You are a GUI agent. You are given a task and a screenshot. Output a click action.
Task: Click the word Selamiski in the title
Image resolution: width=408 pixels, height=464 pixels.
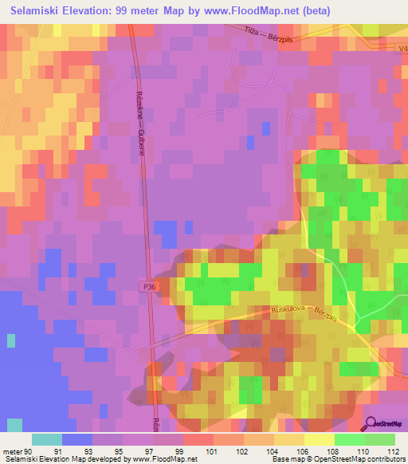[x=37, y=10]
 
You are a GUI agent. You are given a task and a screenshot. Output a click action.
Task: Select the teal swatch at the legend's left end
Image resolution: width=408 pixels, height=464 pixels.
[x=47, y=439]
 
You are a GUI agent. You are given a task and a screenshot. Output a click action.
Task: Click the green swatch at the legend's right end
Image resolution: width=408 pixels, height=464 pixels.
[x=379, y=439]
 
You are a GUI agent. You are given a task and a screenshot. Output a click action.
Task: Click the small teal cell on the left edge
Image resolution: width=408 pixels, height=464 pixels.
[x=11, y=340]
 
